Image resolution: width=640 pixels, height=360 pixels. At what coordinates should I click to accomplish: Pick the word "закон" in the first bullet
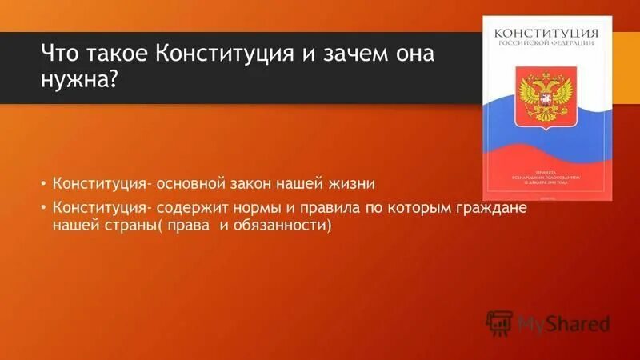(250, 184)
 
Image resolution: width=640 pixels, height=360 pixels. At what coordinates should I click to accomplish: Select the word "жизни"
(352, 184)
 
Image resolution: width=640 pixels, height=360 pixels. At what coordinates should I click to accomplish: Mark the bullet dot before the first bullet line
(44, 185)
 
